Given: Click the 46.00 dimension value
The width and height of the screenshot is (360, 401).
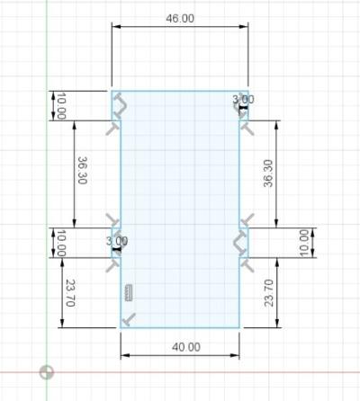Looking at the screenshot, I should pyautogui.click(x=180, y=18).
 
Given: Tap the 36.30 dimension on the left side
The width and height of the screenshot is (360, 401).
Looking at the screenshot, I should pyautogui.click(x=82, y=171).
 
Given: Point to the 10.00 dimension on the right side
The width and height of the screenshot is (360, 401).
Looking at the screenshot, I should pyautogui.click(x=304, y=241).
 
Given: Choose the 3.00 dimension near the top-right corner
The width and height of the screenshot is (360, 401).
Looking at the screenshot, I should pyautogui.click(x=243, y=99).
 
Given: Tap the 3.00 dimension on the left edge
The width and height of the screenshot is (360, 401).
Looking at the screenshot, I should pyautogui.click(x=117, y=241).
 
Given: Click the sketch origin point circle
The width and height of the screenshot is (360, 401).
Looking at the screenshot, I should pyautogui.click(x=47, y=372).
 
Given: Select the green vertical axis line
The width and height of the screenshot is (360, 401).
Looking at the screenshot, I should pyautogui.click(x=47, y=180).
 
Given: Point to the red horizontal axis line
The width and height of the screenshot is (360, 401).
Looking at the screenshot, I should pyautogui.click(x=225, y=372).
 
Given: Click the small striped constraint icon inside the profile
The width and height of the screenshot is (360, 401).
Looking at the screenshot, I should pyautogui.click(x=128, y=292).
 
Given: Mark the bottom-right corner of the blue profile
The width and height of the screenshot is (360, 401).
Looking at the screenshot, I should pyautogui.click(x=239, y=328).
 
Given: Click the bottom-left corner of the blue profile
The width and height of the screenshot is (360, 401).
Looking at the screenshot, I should pyautogui.click(x=121, y=328).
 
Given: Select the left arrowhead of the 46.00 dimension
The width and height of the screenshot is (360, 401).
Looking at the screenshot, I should pyautogui.click(x=115, y=28).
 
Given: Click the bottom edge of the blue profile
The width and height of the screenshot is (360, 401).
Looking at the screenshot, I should pyautogui.click(x=180, y=328).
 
